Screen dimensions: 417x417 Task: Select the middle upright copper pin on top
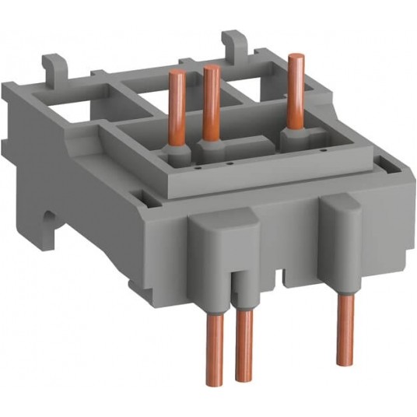pyautogui.click(x=209, y=101)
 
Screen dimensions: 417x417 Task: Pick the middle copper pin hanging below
pyautogui.click(x=244, y=345)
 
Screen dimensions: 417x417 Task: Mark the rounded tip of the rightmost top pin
pyautogui.click(x=294, y=57)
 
